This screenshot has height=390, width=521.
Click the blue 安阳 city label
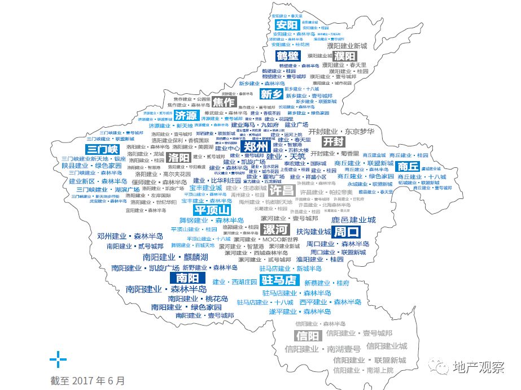click(286, 25)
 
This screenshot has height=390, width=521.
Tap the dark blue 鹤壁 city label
click(287, 56)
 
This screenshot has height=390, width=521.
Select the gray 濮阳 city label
click(344, 56)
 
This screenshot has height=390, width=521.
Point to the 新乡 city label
click(271, 94)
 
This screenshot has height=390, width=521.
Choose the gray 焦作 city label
click(224, 102)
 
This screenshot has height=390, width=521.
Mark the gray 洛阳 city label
click(178, 157)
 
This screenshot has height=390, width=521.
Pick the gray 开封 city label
click(332, 141)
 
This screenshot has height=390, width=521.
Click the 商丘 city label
click(408, 166)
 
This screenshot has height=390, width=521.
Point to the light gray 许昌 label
click(282, 190)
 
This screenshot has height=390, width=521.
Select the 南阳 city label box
click(187, 278)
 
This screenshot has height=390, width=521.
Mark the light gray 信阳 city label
click(307, 336)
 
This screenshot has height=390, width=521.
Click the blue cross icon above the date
click(58, 358)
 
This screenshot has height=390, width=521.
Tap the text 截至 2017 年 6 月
click(86, 380)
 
